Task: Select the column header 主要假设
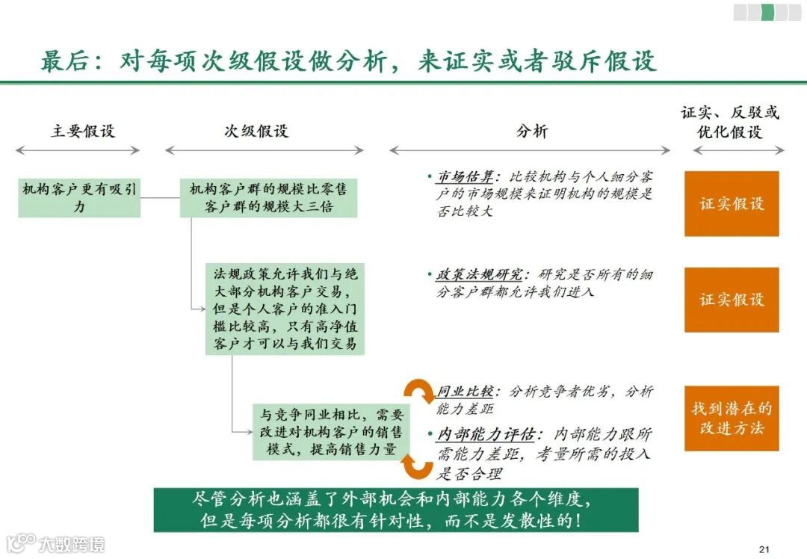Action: point(83,131)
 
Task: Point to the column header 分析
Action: point(532,131)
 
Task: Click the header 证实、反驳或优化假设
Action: point(730,123)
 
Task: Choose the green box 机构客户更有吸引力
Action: point(79,198)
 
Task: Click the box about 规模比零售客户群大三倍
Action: point(268,198)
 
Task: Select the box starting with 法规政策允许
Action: point(285,308)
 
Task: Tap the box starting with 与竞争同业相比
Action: point(331,433)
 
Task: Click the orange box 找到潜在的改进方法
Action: point(732,419)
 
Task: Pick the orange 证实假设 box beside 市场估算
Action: point(732,203)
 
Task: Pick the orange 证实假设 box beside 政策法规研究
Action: point(732,300)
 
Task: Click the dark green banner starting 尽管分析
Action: point(396,510)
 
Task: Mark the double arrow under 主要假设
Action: point(78,150)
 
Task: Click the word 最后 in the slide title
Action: point(61,61)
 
